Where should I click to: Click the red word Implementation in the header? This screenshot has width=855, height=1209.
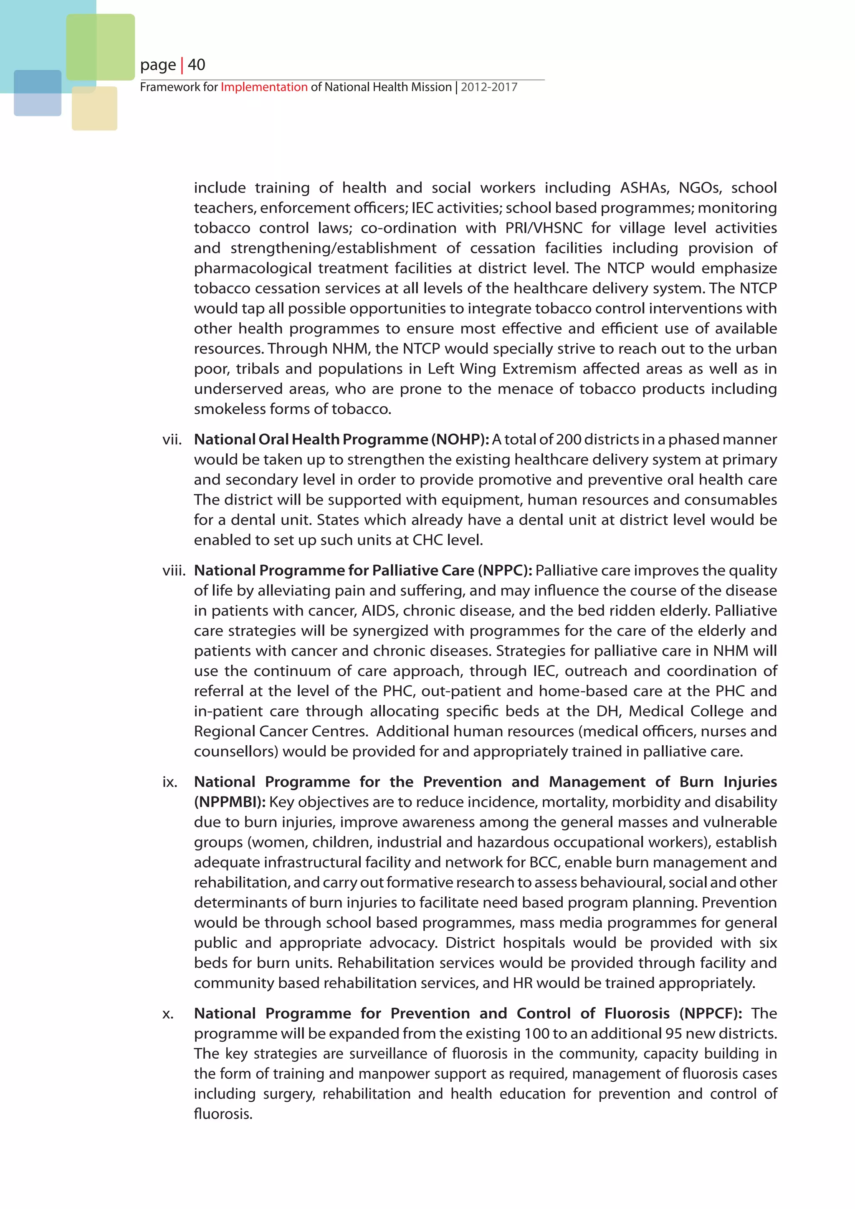(x=264, y=87)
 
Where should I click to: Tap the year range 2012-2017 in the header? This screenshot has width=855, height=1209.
(x=489, y=87)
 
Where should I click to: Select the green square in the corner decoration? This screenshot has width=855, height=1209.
(x=101, y=47)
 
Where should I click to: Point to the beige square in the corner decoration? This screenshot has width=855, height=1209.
(x=94, y=109)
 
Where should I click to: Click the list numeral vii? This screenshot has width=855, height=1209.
(x=172, y=440)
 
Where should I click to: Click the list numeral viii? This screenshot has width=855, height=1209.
(x=174, y=571)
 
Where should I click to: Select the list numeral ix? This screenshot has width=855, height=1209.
(x=169, y=782)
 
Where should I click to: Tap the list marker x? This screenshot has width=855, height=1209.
(x=168, y=1014)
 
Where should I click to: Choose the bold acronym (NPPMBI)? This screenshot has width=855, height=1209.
(x=230, y=802)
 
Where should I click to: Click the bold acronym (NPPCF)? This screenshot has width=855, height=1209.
(x=711, y=1014)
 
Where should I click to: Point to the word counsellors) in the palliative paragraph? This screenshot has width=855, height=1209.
(x=236, y=751)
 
